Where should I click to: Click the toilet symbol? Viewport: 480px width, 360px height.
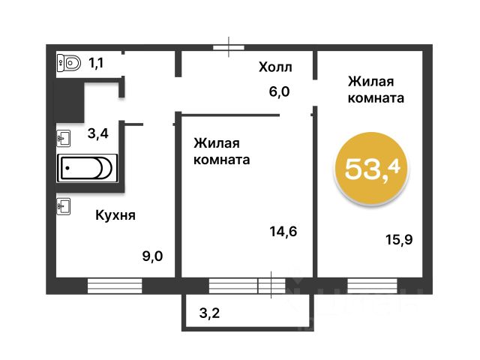point(69,63)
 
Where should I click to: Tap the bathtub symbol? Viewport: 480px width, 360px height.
point(87,168)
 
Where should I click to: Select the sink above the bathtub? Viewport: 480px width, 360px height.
point(64,138)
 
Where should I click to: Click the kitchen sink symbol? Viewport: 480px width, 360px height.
point(64,206)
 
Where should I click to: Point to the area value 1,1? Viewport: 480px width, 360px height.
point(96,63)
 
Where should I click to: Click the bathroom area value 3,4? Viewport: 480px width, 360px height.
point(98,133)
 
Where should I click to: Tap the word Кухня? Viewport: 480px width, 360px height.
point(115,215)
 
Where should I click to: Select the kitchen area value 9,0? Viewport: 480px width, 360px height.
point(152,256)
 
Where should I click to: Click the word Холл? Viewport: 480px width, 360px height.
point(275,67)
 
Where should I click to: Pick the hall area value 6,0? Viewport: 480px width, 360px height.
point(279,91)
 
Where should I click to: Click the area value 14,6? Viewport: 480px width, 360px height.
point(283,232)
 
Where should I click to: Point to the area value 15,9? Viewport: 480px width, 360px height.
point(399,239)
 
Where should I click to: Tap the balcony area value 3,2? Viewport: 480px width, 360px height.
point(209,313)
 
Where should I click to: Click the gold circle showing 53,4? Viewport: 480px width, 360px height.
point(372,169)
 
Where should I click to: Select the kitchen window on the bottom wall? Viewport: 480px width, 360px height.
point(115,286)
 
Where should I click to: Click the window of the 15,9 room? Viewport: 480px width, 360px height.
point(372,286)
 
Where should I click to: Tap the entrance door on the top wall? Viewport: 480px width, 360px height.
point(229,47)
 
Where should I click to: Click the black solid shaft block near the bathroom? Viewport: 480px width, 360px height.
point(70,101)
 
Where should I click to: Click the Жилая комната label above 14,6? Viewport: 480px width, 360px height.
point(222,151)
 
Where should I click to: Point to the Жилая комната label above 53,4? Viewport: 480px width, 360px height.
point(376,90)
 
